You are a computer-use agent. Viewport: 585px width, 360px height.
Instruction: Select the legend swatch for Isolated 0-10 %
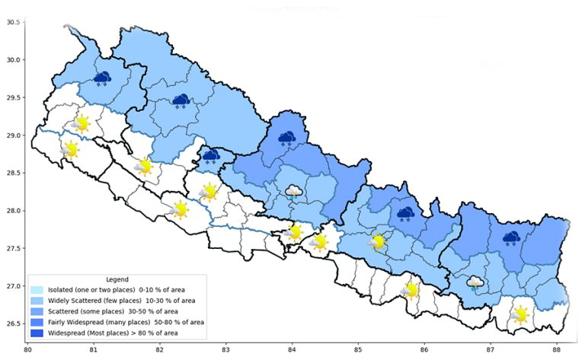tap(37, 290)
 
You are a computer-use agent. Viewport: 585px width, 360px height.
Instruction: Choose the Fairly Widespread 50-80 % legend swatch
tap(37, 322)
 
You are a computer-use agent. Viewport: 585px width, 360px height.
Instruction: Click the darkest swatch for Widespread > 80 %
tap(37, 333)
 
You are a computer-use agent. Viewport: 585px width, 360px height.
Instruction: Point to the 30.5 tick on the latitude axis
tap(12, 22)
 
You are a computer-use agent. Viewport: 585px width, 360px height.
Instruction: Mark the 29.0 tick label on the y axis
tap(12, 135)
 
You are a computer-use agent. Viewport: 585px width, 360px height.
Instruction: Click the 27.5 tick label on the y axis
tap(12, 249)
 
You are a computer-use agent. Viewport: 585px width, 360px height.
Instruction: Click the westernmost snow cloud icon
tap(101, 78)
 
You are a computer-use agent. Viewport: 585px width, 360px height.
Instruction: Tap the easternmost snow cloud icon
tap(510, 239)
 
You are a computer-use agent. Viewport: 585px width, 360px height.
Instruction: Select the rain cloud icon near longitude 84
tap(293, 192)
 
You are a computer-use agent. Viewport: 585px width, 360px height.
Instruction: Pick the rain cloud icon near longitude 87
tap(475, 284)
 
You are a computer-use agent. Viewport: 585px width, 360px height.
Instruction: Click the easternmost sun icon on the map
tap(520, 314)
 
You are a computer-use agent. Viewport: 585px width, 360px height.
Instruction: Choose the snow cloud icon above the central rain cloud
tap(287, 139)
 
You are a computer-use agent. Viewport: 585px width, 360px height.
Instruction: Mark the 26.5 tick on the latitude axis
tap(12, 324)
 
